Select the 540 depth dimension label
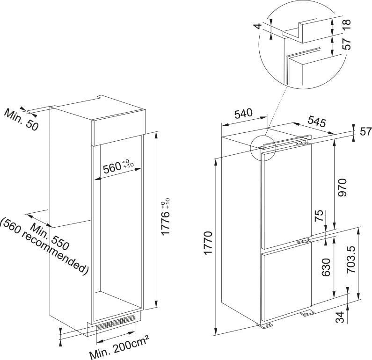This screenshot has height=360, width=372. [243, 113]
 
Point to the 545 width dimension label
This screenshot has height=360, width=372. [316, 122]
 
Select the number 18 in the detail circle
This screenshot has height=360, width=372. [347, 24]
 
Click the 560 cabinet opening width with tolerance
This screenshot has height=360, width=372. [117, 167]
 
